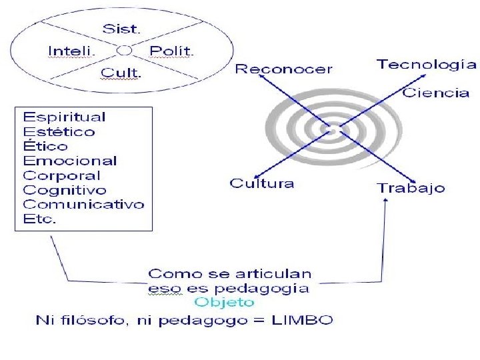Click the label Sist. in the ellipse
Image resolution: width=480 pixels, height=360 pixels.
click(x=121, y=29)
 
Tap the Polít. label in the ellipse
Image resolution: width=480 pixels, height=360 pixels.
click(x=171, y=51)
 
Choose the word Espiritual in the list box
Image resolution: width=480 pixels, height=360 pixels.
click(x=65, y=117)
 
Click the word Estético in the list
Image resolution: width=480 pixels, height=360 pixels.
click(x=59, y=131)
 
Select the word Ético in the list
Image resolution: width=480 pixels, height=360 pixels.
click(x=46, y=146)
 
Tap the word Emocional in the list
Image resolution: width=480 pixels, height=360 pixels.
click(x=70, y=161)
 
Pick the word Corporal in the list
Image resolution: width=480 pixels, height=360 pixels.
click(x=62, y=175)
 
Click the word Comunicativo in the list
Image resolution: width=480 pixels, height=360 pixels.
click(x=83, y=205)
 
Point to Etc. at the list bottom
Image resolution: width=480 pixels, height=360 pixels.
click(x=40, y=219)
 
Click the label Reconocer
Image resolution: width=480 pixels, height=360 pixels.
click(x=284, y=69)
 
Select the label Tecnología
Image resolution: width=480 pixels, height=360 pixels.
click(x=427, y=64)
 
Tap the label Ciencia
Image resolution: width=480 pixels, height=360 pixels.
click(x=436, y=93)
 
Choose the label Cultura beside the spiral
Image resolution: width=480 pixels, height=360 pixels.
click(x=262, y=183)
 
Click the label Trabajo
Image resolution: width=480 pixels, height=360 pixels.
click(x=411, y=188)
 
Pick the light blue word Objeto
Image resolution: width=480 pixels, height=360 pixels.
click(x=229, y=303)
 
